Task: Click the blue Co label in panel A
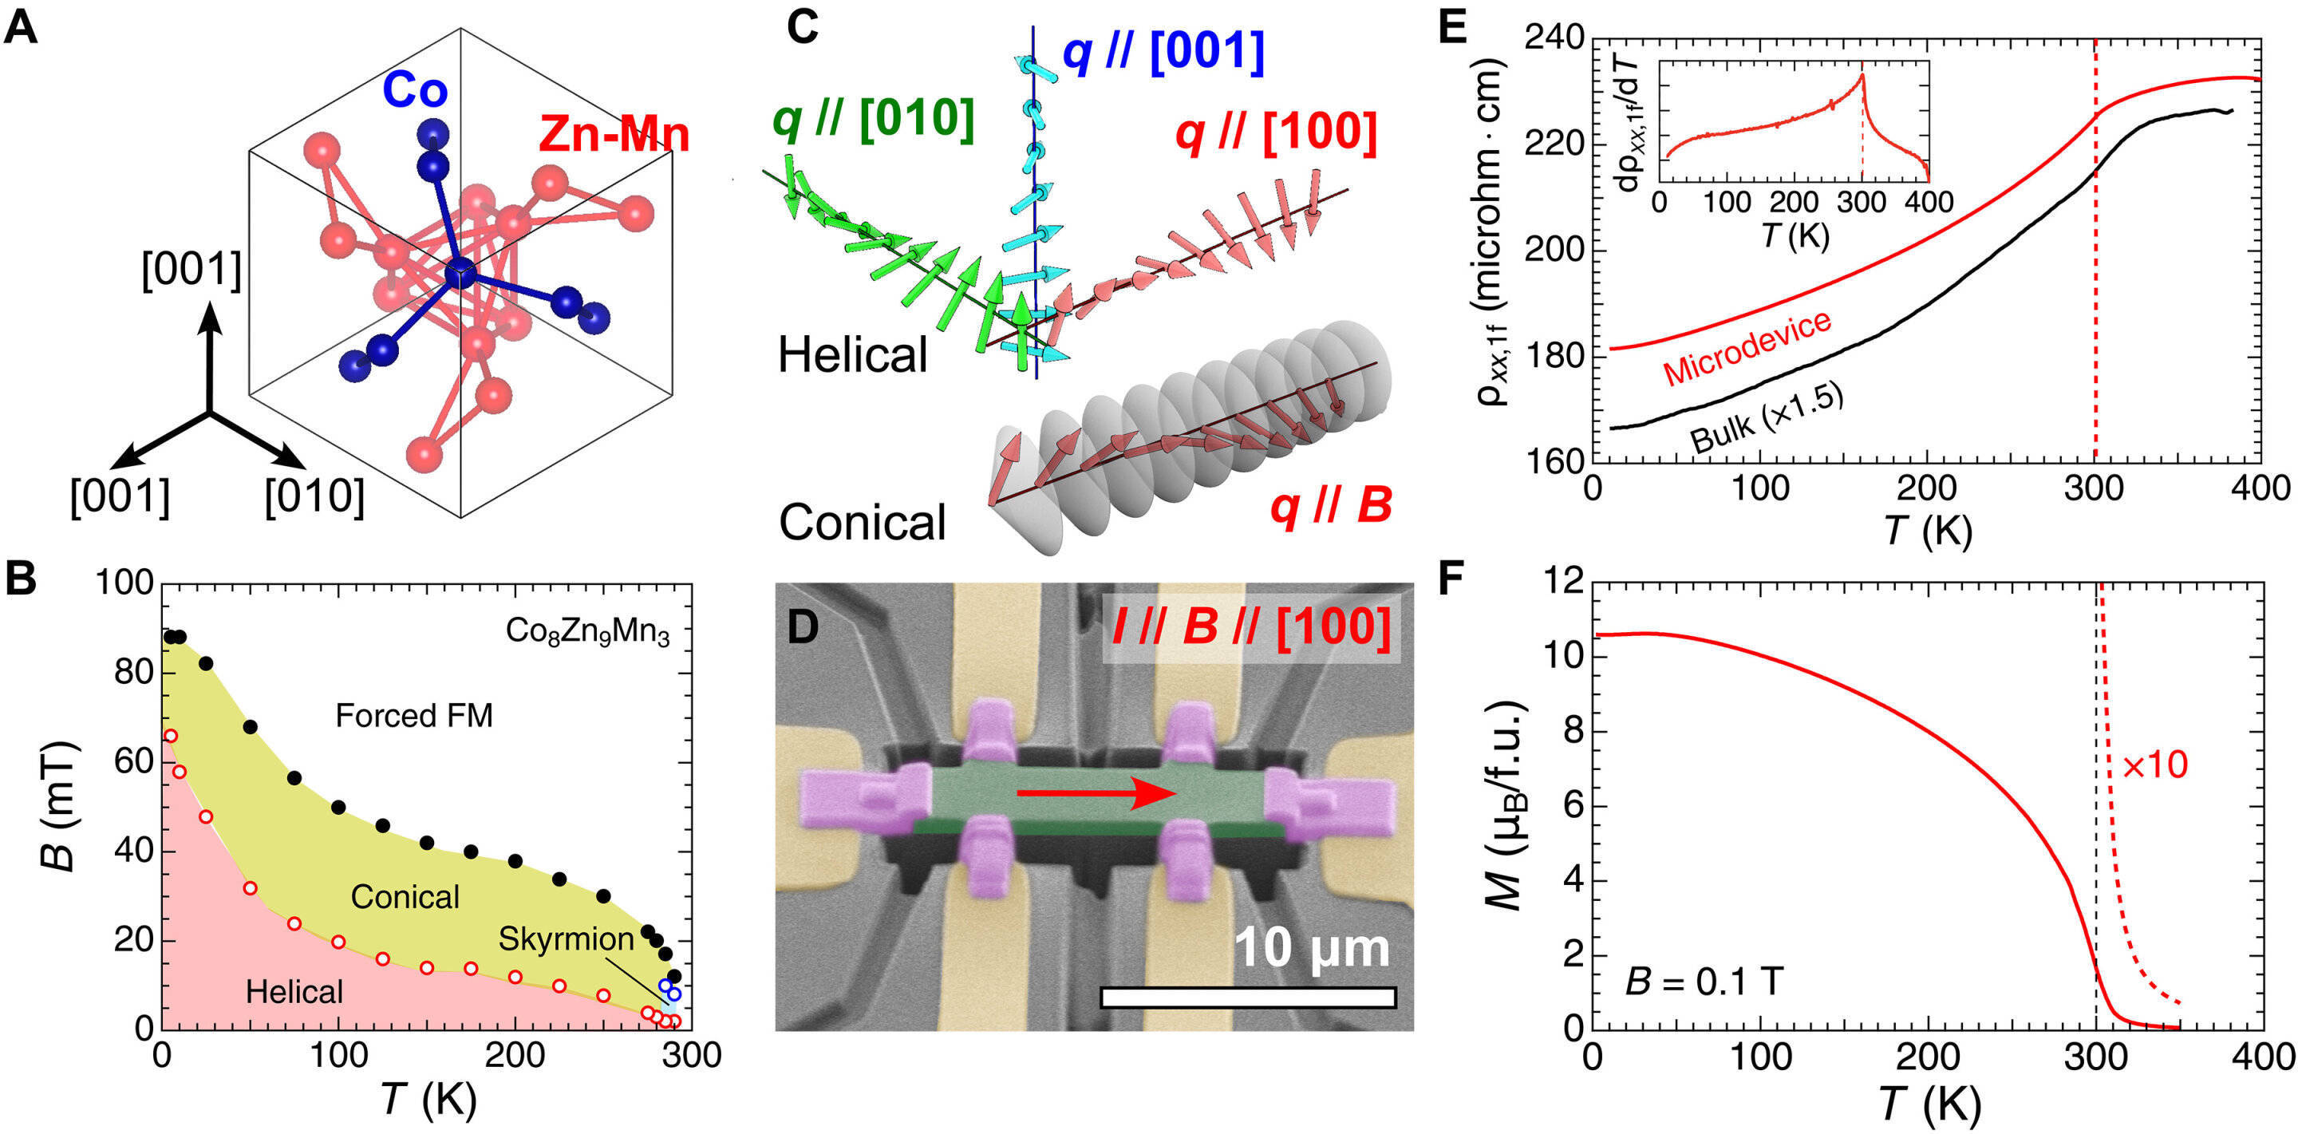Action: [x=415, y=90]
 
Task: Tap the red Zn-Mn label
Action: [x=614, y=135]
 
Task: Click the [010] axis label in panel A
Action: [x=314, y=496]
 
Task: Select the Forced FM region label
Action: [x=414, y=716]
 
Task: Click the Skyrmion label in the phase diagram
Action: [x=566, y=938]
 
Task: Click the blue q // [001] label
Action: [x=1163, y=53]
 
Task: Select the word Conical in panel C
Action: [x=862, y=523]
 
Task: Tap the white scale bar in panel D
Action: [x=1248, y=997]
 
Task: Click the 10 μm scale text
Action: [x=1311, y=947]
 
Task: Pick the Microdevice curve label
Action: [x=1747, y=349]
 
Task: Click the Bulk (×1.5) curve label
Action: [x=1767, y=418]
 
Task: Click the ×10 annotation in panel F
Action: [x=2154, y=765]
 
